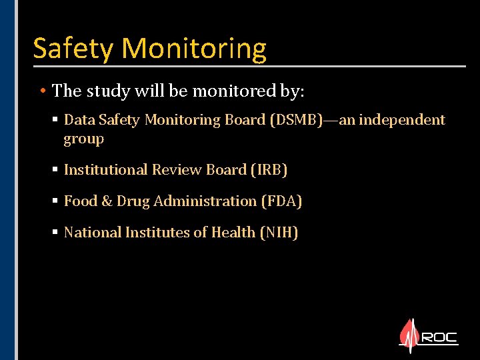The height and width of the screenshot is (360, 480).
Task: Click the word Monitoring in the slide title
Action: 194,49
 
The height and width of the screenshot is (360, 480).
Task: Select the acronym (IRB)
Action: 269,170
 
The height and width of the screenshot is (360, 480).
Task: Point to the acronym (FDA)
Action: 281,201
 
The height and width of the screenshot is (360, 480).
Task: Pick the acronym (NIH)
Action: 278,233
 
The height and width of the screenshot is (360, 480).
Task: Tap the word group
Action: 83,139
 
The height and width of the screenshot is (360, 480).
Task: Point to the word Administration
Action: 205,201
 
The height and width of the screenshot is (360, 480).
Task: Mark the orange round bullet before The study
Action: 42,90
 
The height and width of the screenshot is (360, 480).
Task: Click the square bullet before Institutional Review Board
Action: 55,170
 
